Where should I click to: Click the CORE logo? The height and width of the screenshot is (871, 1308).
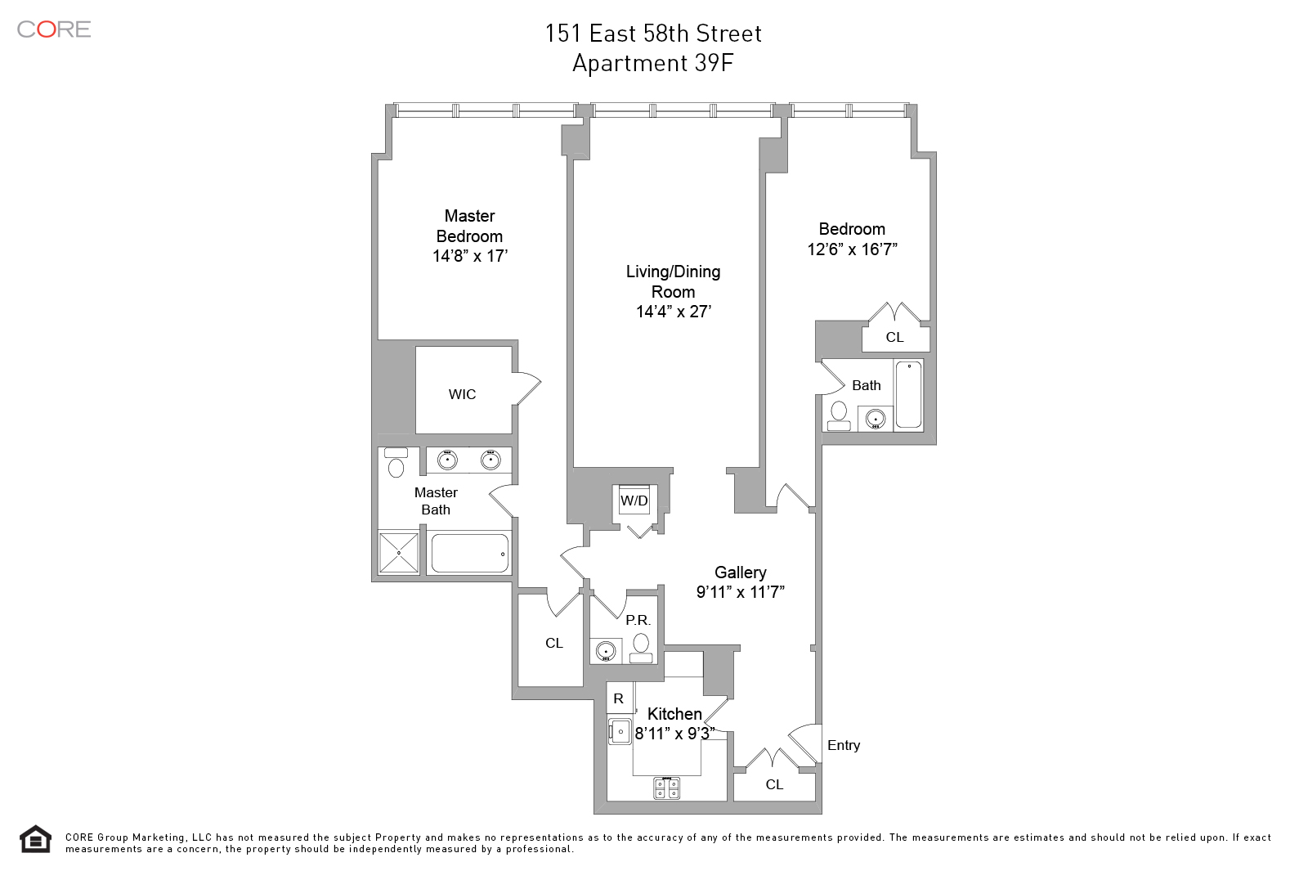point(54,29)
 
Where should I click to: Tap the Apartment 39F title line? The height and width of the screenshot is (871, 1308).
point(653,63)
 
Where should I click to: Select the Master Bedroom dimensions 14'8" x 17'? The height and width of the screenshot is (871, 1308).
point(470,256)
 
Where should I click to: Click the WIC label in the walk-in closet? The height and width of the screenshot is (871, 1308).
point(462,394)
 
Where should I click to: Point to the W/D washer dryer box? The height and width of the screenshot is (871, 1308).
point(634,500)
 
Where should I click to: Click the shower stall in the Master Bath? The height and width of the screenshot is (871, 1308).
point(399,552)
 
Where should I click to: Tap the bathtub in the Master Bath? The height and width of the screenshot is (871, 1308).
point(469,553)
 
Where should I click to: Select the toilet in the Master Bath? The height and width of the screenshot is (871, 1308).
point(396,463)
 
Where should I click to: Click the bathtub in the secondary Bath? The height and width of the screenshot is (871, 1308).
point(908,395)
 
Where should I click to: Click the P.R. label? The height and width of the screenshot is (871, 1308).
point(638,620)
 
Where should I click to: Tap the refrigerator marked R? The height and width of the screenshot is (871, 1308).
point(619,698)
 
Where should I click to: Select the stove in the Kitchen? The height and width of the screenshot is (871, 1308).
point(666,788)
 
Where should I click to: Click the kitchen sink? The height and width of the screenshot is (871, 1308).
point(620,731)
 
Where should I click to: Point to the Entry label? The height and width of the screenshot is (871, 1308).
point(844,745)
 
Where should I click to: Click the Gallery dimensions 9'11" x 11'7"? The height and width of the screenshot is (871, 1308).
point(740,592)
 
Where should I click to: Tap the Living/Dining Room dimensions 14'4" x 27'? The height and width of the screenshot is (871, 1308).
point(674,312)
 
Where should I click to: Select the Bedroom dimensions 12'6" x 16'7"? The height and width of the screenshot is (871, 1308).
point(852,249)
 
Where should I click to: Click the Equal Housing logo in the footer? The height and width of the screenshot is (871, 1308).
point(36,839)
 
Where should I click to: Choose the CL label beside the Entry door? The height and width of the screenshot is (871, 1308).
point(774,784)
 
